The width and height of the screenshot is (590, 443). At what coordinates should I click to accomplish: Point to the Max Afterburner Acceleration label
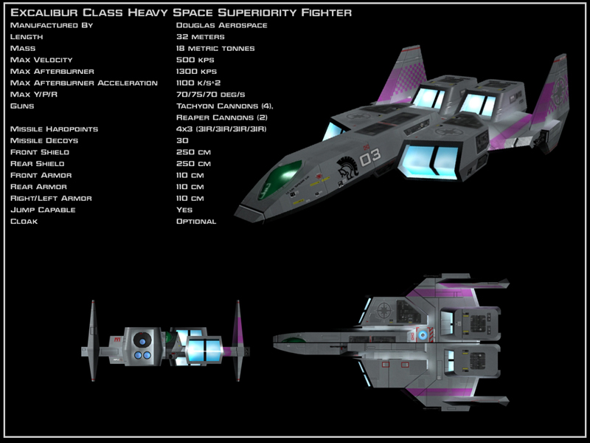[84, 83]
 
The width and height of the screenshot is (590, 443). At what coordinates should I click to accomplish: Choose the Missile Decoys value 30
[182, 140]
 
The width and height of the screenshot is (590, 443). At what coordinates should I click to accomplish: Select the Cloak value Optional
[196, 221]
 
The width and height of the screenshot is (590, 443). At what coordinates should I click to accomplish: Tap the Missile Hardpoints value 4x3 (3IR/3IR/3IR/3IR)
[221, 129]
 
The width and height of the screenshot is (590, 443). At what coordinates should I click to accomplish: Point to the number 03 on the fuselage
[370, 157]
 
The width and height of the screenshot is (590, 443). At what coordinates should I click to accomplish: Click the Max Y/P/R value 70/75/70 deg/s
[210, 95]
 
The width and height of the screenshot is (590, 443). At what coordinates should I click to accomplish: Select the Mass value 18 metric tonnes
[215, 48]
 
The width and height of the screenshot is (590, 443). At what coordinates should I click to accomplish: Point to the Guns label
[23, 106]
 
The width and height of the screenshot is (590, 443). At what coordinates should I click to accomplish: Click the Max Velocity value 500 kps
[195, 60]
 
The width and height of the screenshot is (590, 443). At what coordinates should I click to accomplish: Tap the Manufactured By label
[51, 25]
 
